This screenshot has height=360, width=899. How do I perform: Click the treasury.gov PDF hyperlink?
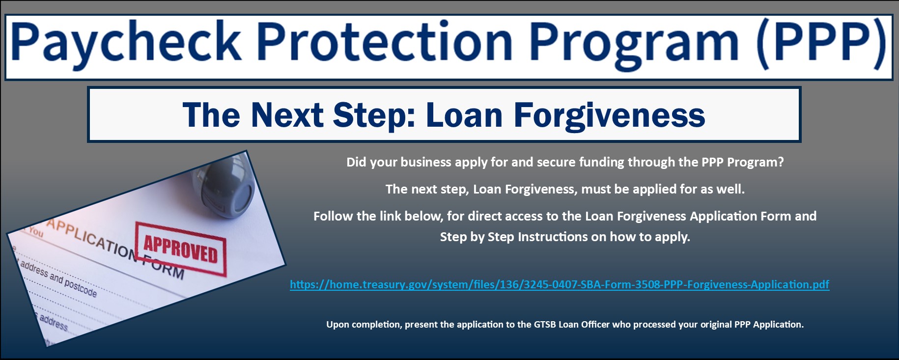coord(560,284)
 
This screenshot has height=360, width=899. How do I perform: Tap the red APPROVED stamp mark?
coord(181,248)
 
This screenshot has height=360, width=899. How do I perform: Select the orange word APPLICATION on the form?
coord(91,239)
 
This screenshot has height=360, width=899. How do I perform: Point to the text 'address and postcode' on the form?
coord(58,278)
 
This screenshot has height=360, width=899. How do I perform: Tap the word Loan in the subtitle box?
coord(464,115)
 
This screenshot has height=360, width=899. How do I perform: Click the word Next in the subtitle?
coord(287,115)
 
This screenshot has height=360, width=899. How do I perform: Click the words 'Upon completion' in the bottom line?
coord(364,325)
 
